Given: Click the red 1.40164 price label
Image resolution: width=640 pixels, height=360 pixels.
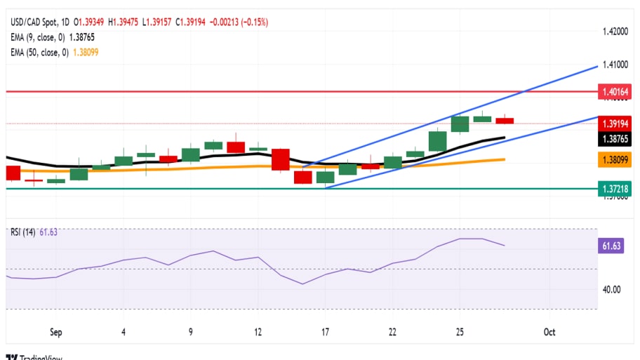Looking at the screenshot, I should (616, 92).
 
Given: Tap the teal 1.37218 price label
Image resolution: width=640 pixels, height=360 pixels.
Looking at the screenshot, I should (616, 189).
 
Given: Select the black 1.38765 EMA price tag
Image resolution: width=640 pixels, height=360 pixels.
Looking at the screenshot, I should (616, 139).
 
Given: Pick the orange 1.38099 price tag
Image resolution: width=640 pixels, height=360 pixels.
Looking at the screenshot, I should (616, 160).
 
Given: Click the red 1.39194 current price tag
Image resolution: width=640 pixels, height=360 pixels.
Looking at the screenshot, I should (616, 123).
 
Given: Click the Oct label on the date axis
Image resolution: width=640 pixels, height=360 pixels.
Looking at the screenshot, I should (549, 332).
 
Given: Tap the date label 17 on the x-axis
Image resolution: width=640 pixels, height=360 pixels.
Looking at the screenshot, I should (325, 332).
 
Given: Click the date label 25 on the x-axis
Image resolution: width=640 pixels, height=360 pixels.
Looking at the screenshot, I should (460, 332).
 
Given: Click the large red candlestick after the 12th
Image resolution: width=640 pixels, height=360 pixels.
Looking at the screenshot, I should (281, 159).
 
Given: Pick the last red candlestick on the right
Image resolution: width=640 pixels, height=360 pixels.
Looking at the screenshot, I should (505, 121).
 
